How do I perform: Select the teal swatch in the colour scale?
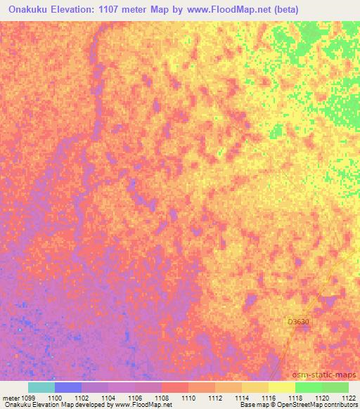(41, 387)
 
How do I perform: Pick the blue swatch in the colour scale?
(68, 387)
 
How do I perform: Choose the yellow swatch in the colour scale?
(282, 387)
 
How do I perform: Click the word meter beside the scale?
(11, 398)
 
